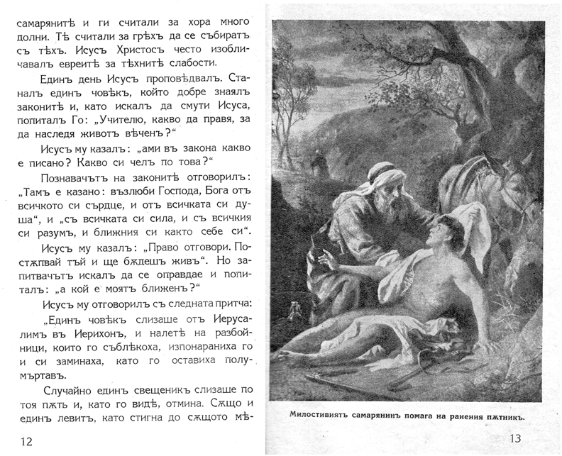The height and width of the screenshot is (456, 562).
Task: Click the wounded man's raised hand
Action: [x=321, y=258]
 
